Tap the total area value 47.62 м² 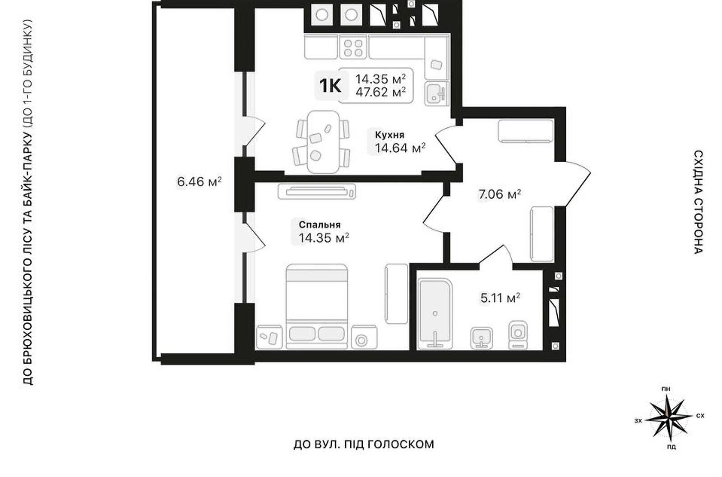(x=380, y=92)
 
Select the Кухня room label (x=389, y=135)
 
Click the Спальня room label (x=319, y=224)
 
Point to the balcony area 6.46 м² (x=199, y=182)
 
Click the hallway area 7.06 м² (x=500, y=194)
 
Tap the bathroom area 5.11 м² (x=500, y=298)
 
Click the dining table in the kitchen (x=323, y=142)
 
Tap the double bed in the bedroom (x=317, y=306)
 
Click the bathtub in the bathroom (x=435, y=313)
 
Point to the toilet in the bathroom (x=518, y=335)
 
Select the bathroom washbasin (x=481, y=338)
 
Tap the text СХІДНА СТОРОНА (x=699, y=202)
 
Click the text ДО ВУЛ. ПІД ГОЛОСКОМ (x=364, y=444)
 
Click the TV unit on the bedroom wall (x=317, y=192)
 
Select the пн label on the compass (x=666, y=389)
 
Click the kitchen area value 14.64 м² (x=400, y=148)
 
